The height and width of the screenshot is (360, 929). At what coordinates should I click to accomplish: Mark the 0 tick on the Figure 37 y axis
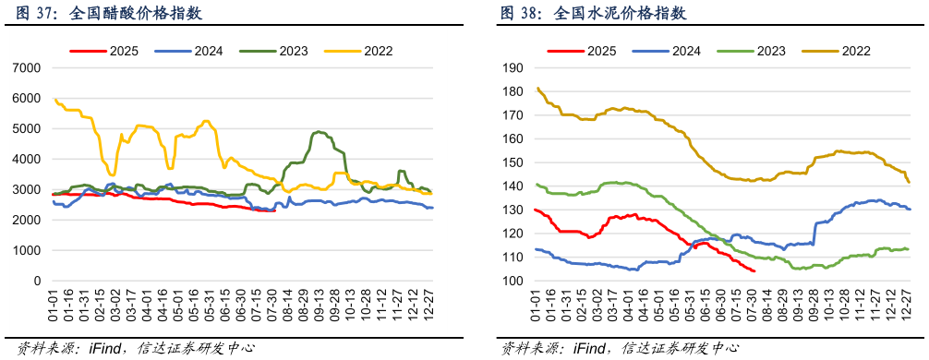click(38, 281)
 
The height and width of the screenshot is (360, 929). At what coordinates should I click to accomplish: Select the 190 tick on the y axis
click(513, 68)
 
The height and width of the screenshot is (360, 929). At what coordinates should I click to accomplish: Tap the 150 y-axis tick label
click(513, 162)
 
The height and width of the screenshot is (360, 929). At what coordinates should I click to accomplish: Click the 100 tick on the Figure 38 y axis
click(513, 281)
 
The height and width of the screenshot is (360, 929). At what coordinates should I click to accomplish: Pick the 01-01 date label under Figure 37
click(54, 302)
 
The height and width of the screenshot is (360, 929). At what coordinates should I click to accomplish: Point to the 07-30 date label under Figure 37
click(274, 302)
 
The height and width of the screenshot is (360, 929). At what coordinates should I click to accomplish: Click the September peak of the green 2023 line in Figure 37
click(319, 132)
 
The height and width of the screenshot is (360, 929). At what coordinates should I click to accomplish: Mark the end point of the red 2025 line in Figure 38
click(754, 270)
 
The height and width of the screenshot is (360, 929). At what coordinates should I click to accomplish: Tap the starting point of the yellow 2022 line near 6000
click(54, 99)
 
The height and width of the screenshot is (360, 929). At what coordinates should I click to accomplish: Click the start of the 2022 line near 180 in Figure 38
click(537, 89)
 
